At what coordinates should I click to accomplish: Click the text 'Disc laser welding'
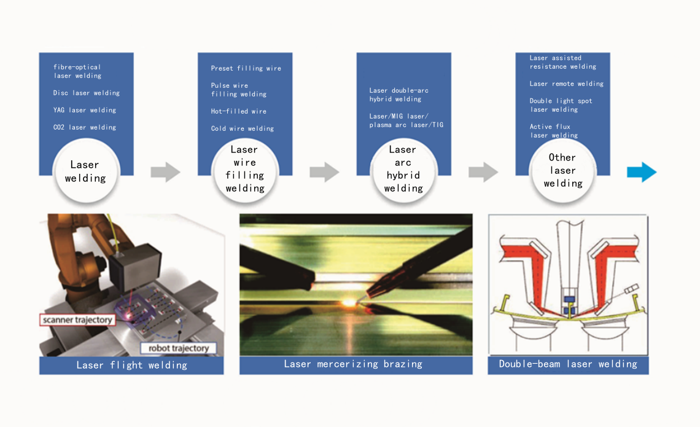(86, 93)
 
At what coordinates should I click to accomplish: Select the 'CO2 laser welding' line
(85, 128)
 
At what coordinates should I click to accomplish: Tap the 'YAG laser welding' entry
(85, 111)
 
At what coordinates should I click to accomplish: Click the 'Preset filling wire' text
(246, 68)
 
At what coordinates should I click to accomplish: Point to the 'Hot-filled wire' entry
(239, 112)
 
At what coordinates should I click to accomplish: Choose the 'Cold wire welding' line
(243, 129)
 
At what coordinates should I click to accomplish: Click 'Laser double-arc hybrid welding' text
(399, 95)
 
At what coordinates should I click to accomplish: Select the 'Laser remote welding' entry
(566, 84)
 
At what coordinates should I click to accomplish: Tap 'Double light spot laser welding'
(561, 105)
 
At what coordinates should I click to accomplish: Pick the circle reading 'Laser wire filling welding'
(244, 170)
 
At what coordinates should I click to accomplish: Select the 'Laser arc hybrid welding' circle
(403, 170)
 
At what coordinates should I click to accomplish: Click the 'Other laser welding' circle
(562, 171)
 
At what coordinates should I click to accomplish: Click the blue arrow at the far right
(642, 173)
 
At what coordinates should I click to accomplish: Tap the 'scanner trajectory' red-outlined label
(77, 320)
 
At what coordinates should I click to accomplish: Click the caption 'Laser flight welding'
(131, 365)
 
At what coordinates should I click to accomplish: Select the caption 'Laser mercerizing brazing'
(352, 364)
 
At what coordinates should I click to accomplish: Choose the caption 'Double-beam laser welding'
(568, 364)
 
